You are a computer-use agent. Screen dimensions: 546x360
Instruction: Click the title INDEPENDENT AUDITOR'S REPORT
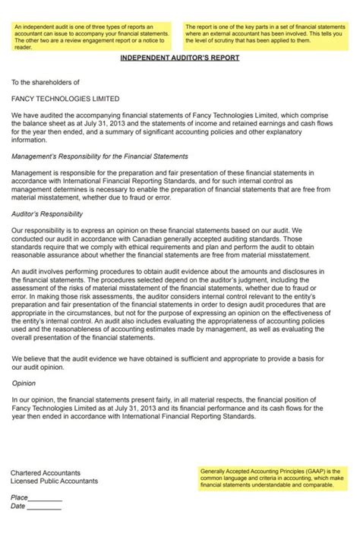(x=180, y=58)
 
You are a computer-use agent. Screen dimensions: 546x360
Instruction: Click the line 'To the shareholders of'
(x=45, y=81)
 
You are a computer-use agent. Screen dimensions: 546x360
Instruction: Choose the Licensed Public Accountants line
(x=54, y=481)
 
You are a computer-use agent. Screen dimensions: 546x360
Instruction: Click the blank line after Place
(x=46, y=499)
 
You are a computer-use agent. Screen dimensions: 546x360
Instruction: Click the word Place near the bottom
(x=19, y=497)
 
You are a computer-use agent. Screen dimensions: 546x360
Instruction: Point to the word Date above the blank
(x=18, y=507)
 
